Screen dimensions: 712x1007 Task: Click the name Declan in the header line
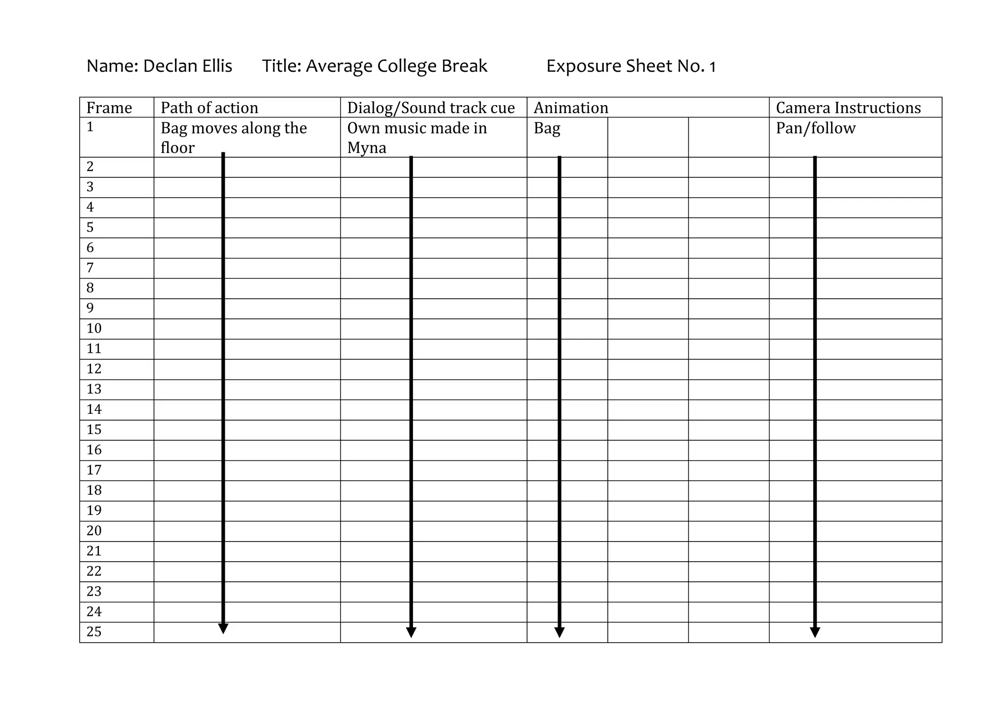tap(168, 66)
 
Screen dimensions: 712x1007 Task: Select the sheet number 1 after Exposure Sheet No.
tap(712, 67)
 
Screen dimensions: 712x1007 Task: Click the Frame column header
tap(109, 108)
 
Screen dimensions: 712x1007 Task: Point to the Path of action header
tap(209, 108)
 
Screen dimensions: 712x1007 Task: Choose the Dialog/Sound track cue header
tap(431, 108)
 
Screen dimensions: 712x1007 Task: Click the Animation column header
tap(571, 108)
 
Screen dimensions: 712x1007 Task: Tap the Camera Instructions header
tap(848, 108)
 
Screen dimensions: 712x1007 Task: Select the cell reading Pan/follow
tap(816, 128)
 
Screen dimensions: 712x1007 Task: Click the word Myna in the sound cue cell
tap(367, 148)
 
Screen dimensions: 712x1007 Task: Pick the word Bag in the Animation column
tap(547, 128)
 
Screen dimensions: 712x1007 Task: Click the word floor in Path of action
tap(178, 148)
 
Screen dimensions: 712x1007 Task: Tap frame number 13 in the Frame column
tap(94, 389)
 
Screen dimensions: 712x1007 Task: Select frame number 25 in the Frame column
tap(94, 632)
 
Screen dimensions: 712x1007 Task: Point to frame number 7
tap(90, 268)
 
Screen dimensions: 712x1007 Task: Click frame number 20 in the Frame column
tap(94, 531)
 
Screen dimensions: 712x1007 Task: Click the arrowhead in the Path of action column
tap(223, 628)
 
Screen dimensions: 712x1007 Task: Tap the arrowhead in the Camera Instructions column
tap(815, 632)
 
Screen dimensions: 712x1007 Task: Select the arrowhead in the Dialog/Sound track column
tap(412, 632)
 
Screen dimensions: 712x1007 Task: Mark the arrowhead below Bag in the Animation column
tap(560, 632)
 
